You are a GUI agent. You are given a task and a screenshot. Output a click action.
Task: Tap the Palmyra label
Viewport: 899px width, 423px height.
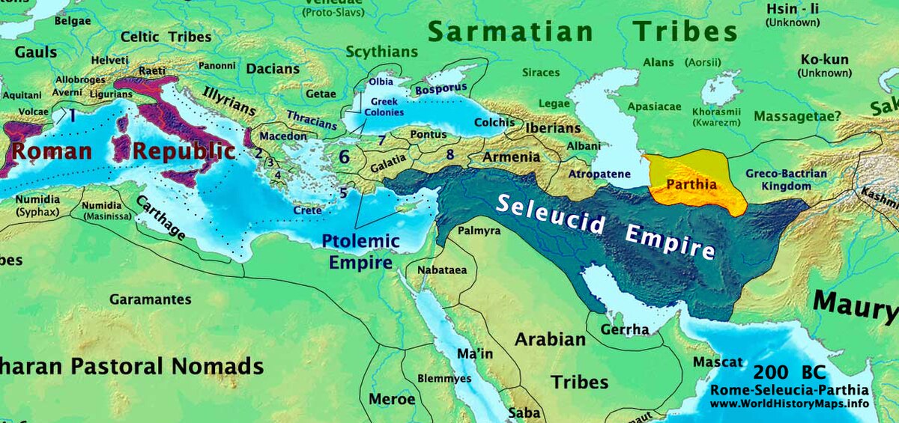pyautogui.click(x=479, y=231)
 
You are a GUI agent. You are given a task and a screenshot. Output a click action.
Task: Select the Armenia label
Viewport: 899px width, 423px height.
pyautogui.click(x=511, y=158)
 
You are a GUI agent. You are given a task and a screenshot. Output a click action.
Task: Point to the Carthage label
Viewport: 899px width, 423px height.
pyautogui.click(x=161, y=218)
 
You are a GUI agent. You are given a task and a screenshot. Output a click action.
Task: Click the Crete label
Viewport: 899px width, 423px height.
pyautogui.click(x=307, y=211)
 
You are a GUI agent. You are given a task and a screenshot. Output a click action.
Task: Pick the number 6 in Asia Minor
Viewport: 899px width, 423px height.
pyautogui.click(x=344, y=157)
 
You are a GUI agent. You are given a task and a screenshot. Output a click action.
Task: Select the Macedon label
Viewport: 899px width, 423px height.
pyautogui.click(x=283, y=137)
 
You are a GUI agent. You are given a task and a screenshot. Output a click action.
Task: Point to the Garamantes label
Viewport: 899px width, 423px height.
pyautogui.click(x=151, y=299)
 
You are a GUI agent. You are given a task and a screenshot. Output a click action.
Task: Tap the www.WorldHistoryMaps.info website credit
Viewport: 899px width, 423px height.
pyautogui.click(x=789, y=404)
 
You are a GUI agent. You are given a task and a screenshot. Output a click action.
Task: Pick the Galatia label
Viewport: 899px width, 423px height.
pyautogui.click(x=387, y=160)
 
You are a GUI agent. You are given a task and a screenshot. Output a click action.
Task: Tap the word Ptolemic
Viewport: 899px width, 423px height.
pyautogui.click(x=360, y=241)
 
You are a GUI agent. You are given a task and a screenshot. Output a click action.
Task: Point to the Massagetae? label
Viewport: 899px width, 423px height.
pyautogui.click(x=797, y=117)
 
